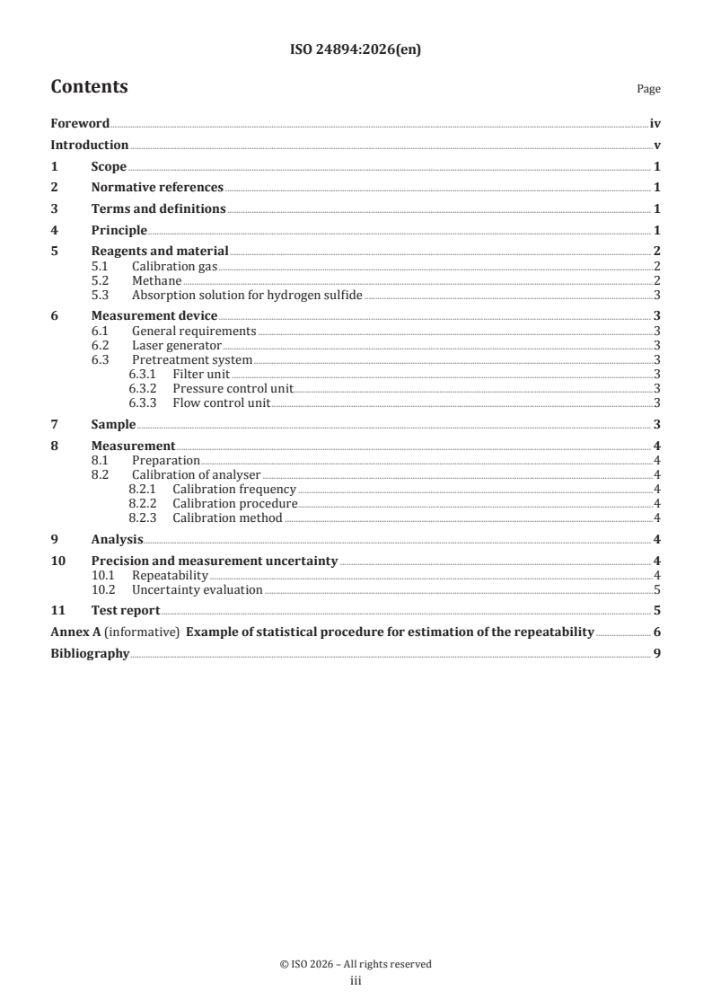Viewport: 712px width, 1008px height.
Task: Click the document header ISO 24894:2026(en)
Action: [356, 50]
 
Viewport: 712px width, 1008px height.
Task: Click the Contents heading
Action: [89, 87]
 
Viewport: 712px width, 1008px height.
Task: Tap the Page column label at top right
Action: [648, 90]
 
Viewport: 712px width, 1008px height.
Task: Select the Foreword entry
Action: [80, 124]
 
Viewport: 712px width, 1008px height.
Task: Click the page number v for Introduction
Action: [657, 146]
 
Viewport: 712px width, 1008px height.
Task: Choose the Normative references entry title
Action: [157, 188]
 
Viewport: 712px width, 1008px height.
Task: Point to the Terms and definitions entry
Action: [158, 209]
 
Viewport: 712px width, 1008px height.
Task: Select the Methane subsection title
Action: [157, 281]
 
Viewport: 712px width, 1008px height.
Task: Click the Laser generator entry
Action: [176, 345]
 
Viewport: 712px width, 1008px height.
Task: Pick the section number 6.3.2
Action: [143, 389]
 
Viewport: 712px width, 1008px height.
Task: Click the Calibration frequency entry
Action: [233, 490]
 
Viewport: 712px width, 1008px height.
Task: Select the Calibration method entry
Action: [227, 517]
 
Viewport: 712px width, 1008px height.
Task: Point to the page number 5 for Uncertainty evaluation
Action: [657, 590]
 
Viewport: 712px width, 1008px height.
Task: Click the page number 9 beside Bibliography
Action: [657, 654]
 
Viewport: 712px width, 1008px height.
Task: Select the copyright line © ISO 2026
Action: [356, 964]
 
